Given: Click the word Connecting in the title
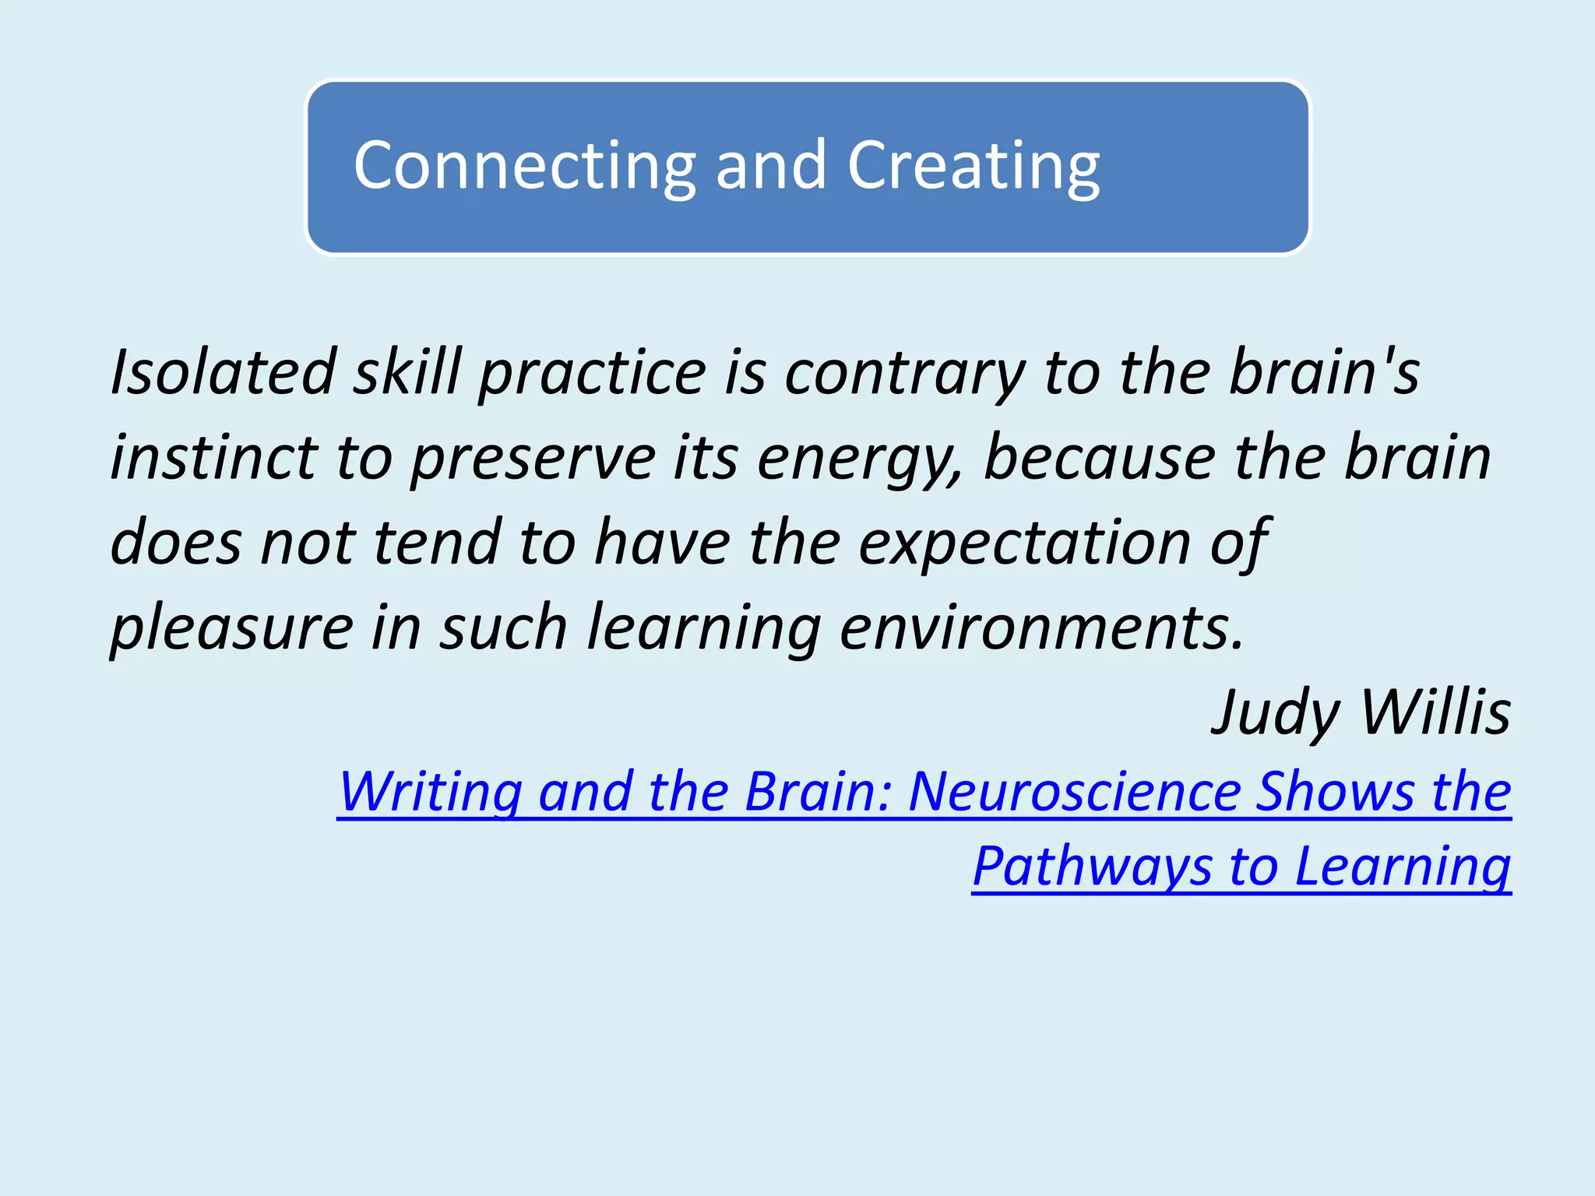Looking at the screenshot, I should point(524,166).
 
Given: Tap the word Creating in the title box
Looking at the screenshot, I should point(974,166).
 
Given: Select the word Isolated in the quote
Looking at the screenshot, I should point(223,372).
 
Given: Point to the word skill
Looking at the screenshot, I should point(408,372).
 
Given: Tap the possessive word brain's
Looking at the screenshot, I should point(1324,372).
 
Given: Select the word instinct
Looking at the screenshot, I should point(213,457).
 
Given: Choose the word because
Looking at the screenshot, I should point(1099,457).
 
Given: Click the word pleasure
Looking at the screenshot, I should point(232,628).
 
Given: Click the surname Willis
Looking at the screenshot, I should point(1435,712).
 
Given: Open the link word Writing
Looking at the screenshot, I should point(431,793).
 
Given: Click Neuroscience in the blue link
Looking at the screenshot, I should point(1073,791).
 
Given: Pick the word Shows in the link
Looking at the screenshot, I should point(1335,791).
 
